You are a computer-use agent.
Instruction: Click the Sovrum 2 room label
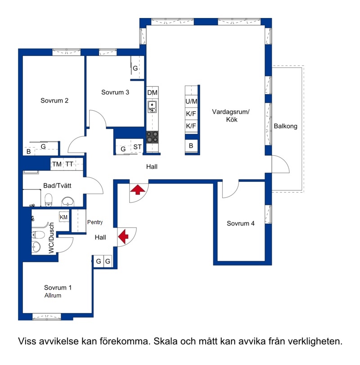click(54, 100)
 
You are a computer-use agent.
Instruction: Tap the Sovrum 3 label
click(115, 92)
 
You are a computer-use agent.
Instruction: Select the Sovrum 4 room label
click(241, 224)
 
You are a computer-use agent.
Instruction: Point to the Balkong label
click(286, 126)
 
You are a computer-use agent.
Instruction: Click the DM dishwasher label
click(153, 93)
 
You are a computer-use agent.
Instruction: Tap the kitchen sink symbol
click(152, 107)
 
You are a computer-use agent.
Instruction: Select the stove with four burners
click(153, 137)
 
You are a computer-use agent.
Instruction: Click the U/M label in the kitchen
click(191, 101)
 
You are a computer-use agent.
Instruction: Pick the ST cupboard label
click(137, 147)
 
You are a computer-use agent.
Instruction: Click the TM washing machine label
click(57, 164)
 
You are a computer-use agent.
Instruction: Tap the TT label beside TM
click(69, 164)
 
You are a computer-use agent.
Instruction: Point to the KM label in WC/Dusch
click(64, 217)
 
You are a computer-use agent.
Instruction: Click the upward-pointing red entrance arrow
click(138, 189)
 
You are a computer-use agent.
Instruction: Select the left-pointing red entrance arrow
click(123, 236)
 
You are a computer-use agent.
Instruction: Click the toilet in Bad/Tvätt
click(49, 200)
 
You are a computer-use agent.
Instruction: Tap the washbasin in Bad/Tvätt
click(67, 202)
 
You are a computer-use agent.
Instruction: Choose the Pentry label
click(95, 222)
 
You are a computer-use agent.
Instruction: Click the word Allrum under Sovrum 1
click(53, 295)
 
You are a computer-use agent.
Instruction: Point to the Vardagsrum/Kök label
click(231, 116)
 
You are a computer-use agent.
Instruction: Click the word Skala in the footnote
click(165, 341)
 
